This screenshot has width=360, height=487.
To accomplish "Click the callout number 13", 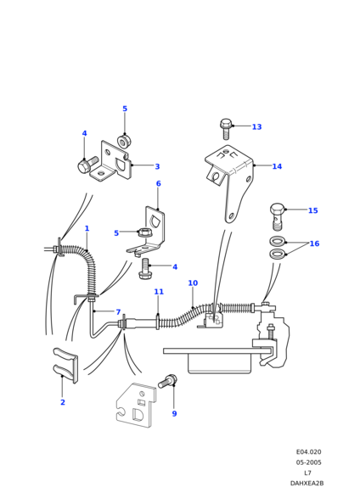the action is tap(256, 126).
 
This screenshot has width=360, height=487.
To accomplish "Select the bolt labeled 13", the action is tap(226, 129).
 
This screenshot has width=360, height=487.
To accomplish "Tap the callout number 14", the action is tap(277, 166).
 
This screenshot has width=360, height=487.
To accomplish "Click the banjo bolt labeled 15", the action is tap(278, 217).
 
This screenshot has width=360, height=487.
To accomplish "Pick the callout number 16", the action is tap(314, 243).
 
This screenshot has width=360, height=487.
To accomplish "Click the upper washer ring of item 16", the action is tap(277, 241).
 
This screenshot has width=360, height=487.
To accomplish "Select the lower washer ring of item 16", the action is tap(277, 254).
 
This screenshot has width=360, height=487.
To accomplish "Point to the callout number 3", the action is tap(157, 166).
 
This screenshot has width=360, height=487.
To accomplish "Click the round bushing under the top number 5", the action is tap(124, 142).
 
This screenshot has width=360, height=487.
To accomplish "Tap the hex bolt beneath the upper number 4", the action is tap(87, 165).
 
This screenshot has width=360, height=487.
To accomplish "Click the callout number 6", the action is tap(158, 183).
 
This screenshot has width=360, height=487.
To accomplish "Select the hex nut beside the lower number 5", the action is tap(144, 232).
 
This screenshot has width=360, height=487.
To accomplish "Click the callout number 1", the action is tap(87, 228).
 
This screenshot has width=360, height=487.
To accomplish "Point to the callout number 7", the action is tap(118, 312).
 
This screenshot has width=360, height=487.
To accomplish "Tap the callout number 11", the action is tap(159, 292).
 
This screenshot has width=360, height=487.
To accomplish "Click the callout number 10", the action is tap(193, 283).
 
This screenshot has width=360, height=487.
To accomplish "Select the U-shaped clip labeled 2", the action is tap(65, 365).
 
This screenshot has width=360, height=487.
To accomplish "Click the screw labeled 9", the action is tap(167, 381).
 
